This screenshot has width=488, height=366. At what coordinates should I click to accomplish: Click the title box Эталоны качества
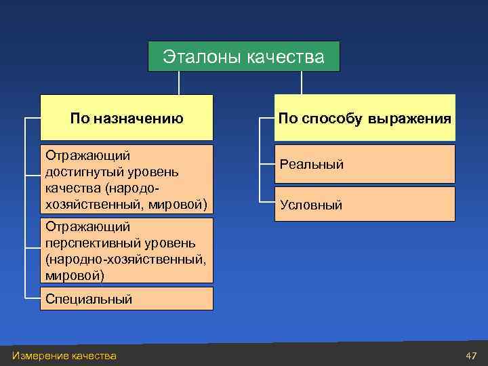(244, 56)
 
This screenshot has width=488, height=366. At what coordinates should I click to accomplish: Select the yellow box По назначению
(126, 118)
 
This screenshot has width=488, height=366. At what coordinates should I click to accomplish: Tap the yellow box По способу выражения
(365, 118)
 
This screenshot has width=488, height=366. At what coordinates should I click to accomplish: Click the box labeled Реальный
(365, 164)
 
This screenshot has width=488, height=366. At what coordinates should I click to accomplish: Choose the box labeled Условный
(365, 204)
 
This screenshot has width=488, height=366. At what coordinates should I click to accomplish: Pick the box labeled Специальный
(126, 298)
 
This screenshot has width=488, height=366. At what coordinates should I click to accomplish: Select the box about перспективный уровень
(126, 250)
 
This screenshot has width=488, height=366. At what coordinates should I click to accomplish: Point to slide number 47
(471, 356)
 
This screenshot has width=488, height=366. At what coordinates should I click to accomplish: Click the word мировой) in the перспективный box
(75, 275)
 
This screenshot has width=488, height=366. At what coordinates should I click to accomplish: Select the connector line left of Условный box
(267, 203)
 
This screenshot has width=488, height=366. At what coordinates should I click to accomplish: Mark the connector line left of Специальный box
(33, 298)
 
